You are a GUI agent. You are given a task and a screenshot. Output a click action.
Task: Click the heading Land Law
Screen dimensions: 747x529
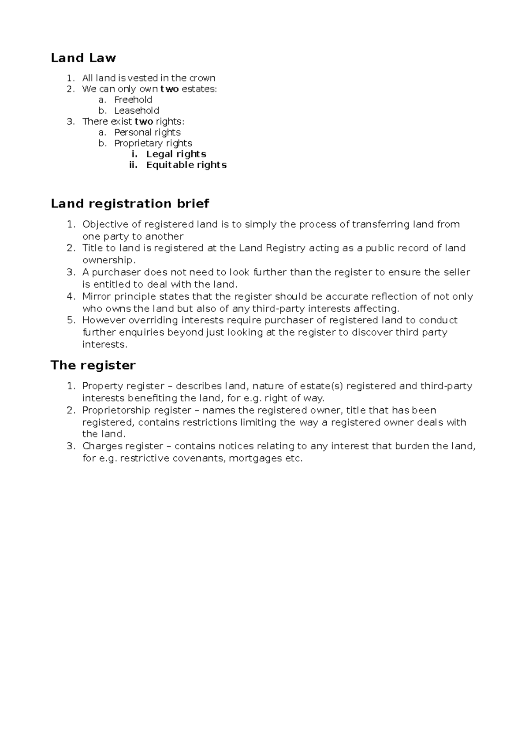pos(83,58)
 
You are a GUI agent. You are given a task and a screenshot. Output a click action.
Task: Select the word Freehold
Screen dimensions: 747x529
pos(133,100)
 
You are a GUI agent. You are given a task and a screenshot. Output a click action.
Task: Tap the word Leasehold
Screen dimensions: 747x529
pos(137,111)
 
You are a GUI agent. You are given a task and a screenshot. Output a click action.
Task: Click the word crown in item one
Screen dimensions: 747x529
pos(202,78)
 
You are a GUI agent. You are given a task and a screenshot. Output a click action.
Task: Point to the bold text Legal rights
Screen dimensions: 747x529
pos(176,154)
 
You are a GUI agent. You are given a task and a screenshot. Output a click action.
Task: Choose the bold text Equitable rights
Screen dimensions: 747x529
pos(186,165)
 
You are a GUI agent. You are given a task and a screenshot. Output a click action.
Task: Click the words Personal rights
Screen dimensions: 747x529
pos(147,132)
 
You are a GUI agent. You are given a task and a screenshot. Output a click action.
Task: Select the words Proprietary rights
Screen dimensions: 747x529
pos(153,143)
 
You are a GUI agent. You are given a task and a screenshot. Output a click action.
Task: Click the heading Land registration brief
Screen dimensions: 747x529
pos(130,203)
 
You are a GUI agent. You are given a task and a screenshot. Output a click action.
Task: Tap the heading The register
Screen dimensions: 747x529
pos(93,365)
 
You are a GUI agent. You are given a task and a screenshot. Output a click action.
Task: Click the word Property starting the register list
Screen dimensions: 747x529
pos(102,386)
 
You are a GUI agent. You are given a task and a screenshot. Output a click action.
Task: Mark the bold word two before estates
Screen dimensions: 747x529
pos(169,89)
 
